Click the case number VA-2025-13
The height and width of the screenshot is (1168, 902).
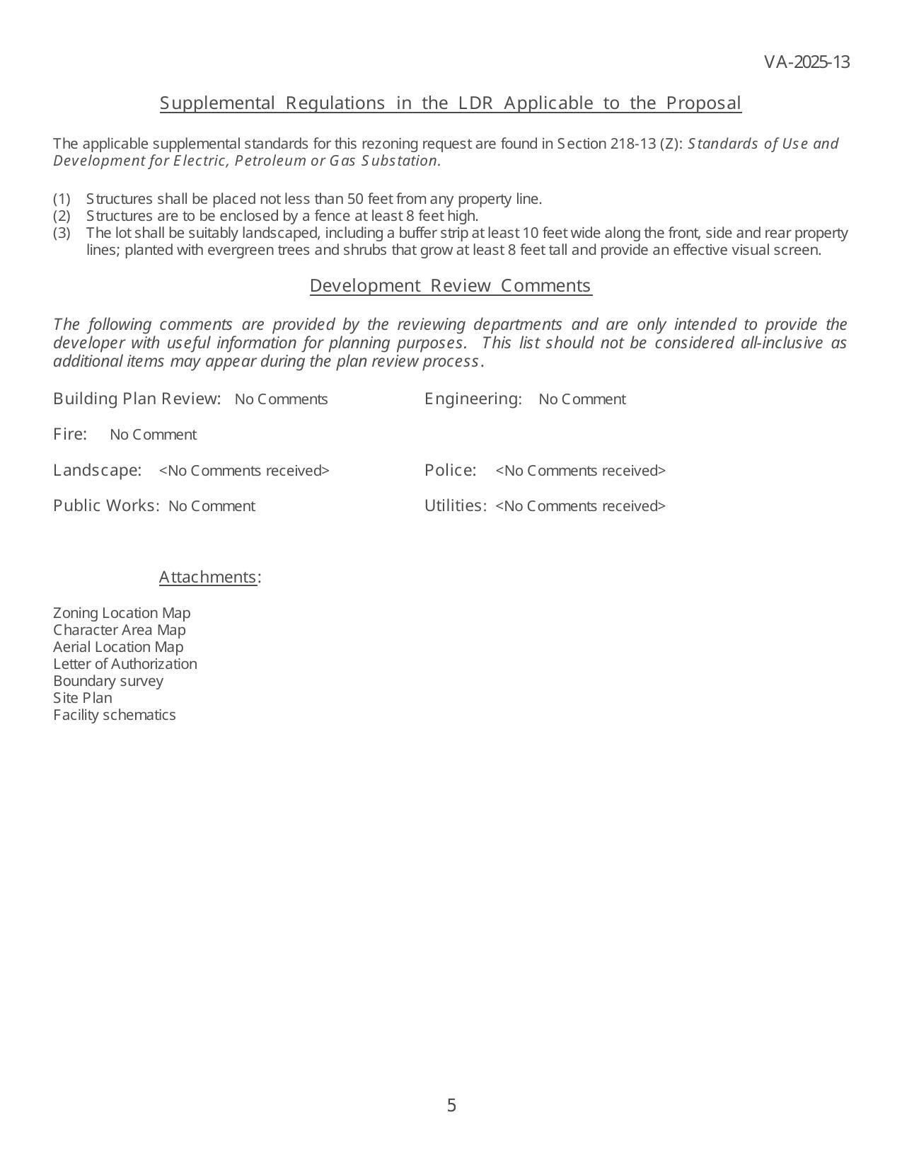click(x=806, y=62)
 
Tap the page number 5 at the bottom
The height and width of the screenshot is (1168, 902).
click(x=451, y=1105)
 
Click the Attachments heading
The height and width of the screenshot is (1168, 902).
click(x=208, y=577)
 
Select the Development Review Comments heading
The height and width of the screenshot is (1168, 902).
click(x=451, y=285)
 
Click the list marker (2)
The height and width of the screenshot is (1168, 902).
click(x=62, y=216)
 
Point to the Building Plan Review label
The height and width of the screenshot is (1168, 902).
click(x=137, y=399)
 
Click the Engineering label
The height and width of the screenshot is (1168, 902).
click(x=473, y=399)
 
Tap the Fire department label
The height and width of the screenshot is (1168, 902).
click(x=70, y=434)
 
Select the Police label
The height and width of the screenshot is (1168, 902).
click(x=450, y=470)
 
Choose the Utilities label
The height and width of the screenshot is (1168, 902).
click(x=455, y=505)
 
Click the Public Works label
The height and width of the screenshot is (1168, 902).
click(x=106, y=505)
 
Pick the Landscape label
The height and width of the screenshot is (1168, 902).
click(x=97, y=470)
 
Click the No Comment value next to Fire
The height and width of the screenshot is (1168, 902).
click(x=154, y=435)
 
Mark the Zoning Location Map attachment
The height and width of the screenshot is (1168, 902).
click(x=122, y=613)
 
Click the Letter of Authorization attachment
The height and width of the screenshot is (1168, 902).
click(x=125, y=664)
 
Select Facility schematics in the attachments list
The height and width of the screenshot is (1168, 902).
click(x=115, y=715)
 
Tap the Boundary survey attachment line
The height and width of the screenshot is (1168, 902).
click(x=108, y=681)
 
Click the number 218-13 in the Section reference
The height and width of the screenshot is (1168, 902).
click(x=632, y=144)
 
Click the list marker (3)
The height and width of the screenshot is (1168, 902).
click(x=62, y=233)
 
